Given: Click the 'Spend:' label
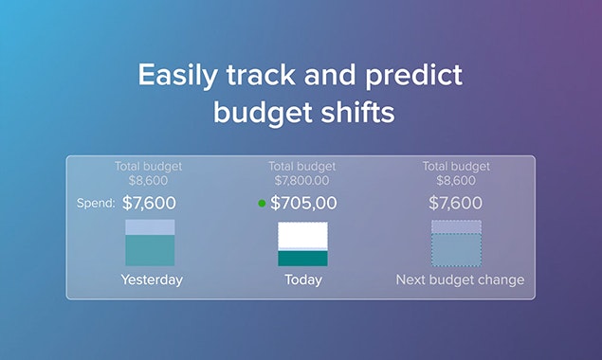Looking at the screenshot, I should tap(96, 203).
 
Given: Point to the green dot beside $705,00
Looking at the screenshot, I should tap(262, 203).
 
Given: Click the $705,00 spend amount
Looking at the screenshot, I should tap(303, 203).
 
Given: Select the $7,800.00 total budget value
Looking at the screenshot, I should tap(302, 180).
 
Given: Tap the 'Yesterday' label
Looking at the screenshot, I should tap(151, 280).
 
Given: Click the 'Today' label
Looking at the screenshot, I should tap(302, 280).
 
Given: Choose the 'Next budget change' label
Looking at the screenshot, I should tap(459, 280).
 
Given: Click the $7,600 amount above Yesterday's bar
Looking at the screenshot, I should tap(149, 203).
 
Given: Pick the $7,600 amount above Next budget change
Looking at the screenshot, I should tap(455, 203).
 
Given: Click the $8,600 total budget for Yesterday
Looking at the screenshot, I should tap(148, 180).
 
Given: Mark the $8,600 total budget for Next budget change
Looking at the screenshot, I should tap(455, 180).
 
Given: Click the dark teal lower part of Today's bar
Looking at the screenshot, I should tap(302, 258).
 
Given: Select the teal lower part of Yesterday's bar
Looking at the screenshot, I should tap(150, 250).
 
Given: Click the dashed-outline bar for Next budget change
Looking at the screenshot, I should tap(456, 243).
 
